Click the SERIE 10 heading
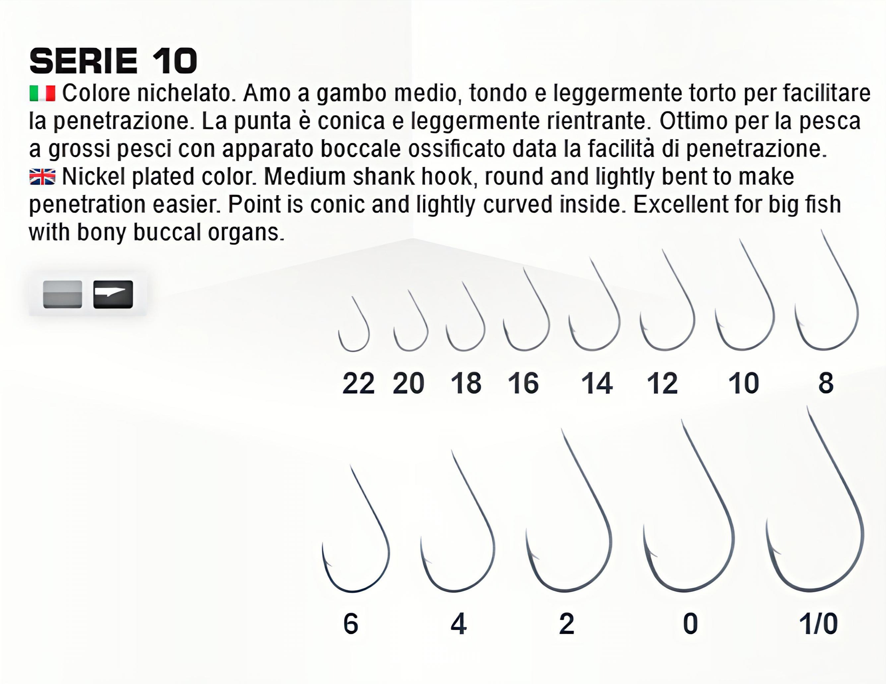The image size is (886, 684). pyautogui.click(x=113, y=61)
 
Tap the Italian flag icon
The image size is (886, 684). pyautogui.click(x=42, y=93)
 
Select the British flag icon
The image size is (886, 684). pyautogui.click(x=42, y=177)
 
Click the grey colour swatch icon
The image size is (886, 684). pyautogui.click(x=63, y=294)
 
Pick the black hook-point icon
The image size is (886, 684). pyautogui.click(x=113, y=294)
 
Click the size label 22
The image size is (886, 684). pyautogui.click(x=358, y=383)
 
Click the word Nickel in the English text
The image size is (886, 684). pyautogui.click(x=93, y=177)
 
